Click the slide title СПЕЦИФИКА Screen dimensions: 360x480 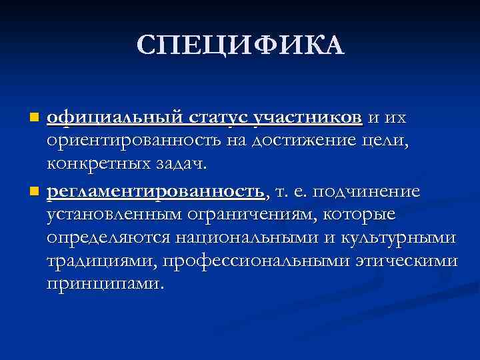pyautogui.click(x=240, y=45)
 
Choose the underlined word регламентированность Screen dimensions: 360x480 pyautogui.click(x=156, y=191)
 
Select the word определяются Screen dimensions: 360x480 pyautogui.click(x=108, y=238)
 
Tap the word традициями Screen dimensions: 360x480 pyautogui.click(x=98, y=261)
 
